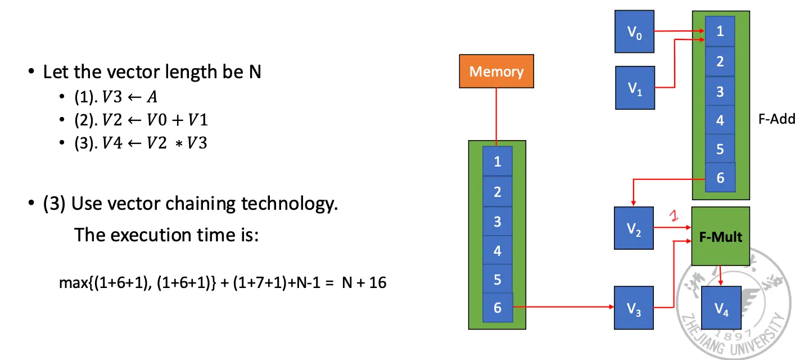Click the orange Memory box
click(x=496, y=71)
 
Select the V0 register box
click(x=634, y=32)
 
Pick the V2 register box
click(x=634, y=228)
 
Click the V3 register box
click(x=634, y=308)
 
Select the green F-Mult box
click(x=720, y=236)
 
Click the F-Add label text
click(x=776, y=119)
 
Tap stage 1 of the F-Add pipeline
click(x=720, y=31)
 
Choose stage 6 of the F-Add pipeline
click(x=720, y=178)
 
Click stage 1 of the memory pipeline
click(x=497, y=161)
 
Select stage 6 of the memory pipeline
click(x=497, y=307)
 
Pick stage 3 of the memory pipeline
click(x=497, y=221)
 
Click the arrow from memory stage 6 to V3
click(x=562, y=307)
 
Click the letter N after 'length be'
click(x=254, y=72)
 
